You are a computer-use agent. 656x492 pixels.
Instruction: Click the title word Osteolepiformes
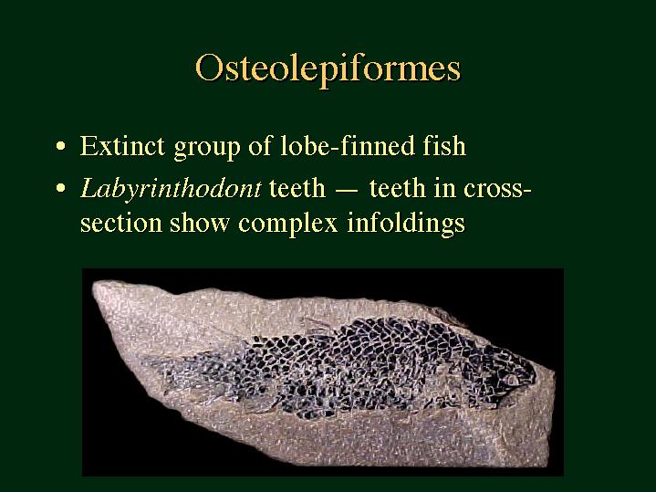328,69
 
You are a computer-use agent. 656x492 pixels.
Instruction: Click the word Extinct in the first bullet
122,146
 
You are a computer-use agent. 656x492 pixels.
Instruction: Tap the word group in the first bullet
207,148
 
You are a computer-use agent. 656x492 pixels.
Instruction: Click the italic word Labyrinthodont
171,189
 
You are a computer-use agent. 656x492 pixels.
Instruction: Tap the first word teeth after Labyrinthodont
297,188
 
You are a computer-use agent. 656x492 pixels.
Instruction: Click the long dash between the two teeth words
347,191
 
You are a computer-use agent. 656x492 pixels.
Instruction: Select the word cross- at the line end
497,189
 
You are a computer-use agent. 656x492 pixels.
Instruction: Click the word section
121,223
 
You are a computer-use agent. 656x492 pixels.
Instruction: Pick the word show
200,223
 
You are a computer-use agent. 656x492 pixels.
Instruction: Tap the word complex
287,224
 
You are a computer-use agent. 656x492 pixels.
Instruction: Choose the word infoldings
406,224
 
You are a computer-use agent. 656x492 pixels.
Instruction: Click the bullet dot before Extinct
61,147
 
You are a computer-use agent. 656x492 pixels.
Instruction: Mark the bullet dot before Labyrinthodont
61,189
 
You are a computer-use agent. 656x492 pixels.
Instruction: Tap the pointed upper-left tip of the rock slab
94,286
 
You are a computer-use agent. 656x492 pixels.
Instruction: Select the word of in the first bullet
259,146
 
